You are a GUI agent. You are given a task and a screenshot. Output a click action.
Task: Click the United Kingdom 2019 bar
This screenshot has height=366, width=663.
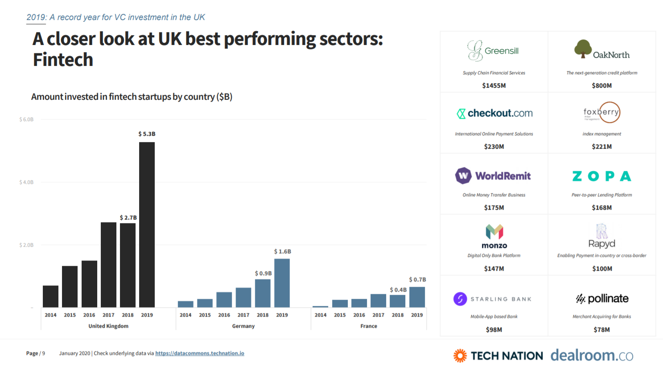147,224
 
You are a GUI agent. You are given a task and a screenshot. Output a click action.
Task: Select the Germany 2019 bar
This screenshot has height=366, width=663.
282,283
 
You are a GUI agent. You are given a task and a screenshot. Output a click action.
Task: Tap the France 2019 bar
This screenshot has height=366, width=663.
417,297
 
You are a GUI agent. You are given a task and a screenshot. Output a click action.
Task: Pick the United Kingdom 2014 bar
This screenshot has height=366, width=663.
50,296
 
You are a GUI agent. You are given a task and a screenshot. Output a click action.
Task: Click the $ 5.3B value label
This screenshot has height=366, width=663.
147,134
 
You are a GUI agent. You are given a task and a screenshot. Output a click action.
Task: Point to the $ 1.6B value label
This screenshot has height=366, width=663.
282,252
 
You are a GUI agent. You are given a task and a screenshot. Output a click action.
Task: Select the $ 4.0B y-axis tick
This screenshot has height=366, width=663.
26,182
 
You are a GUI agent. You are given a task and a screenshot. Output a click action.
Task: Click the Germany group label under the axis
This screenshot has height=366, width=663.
243,326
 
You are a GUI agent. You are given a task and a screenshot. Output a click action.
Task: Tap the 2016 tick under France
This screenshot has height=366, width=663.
359,315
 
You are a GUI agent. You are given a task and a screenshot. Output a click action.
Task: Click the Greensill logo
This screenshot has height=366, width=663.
494,51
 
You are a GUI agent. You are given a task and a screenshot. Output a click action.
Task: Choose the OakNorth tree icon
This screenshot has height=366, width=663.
583,49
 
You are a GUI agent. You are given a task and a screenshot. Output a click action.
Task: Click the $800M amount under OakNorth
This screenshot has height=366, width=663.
601,85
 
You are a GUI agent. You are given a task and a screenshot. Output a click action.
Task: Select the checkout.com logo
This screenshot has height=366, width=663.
494,114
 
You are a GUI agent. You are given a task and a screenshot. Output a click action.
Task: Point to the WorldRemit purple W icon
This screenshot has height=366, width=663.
463,176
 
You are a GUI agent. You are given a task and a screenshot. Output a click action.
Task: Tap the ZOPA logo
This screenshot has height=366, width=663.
601,176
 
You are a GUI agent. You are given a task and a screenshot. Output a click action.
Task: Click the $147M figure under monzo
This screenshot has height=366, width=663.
494,268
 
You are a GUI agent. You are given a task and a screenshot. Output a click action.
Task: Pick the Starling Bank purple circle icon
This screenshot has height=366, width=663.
460,299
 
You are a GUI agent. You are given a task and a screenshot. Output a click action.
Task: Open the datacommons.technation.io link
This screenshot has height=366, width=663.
199,354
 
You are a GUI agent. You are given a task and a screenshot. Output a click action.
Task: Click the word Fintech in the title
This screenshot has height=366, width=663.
63,60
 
